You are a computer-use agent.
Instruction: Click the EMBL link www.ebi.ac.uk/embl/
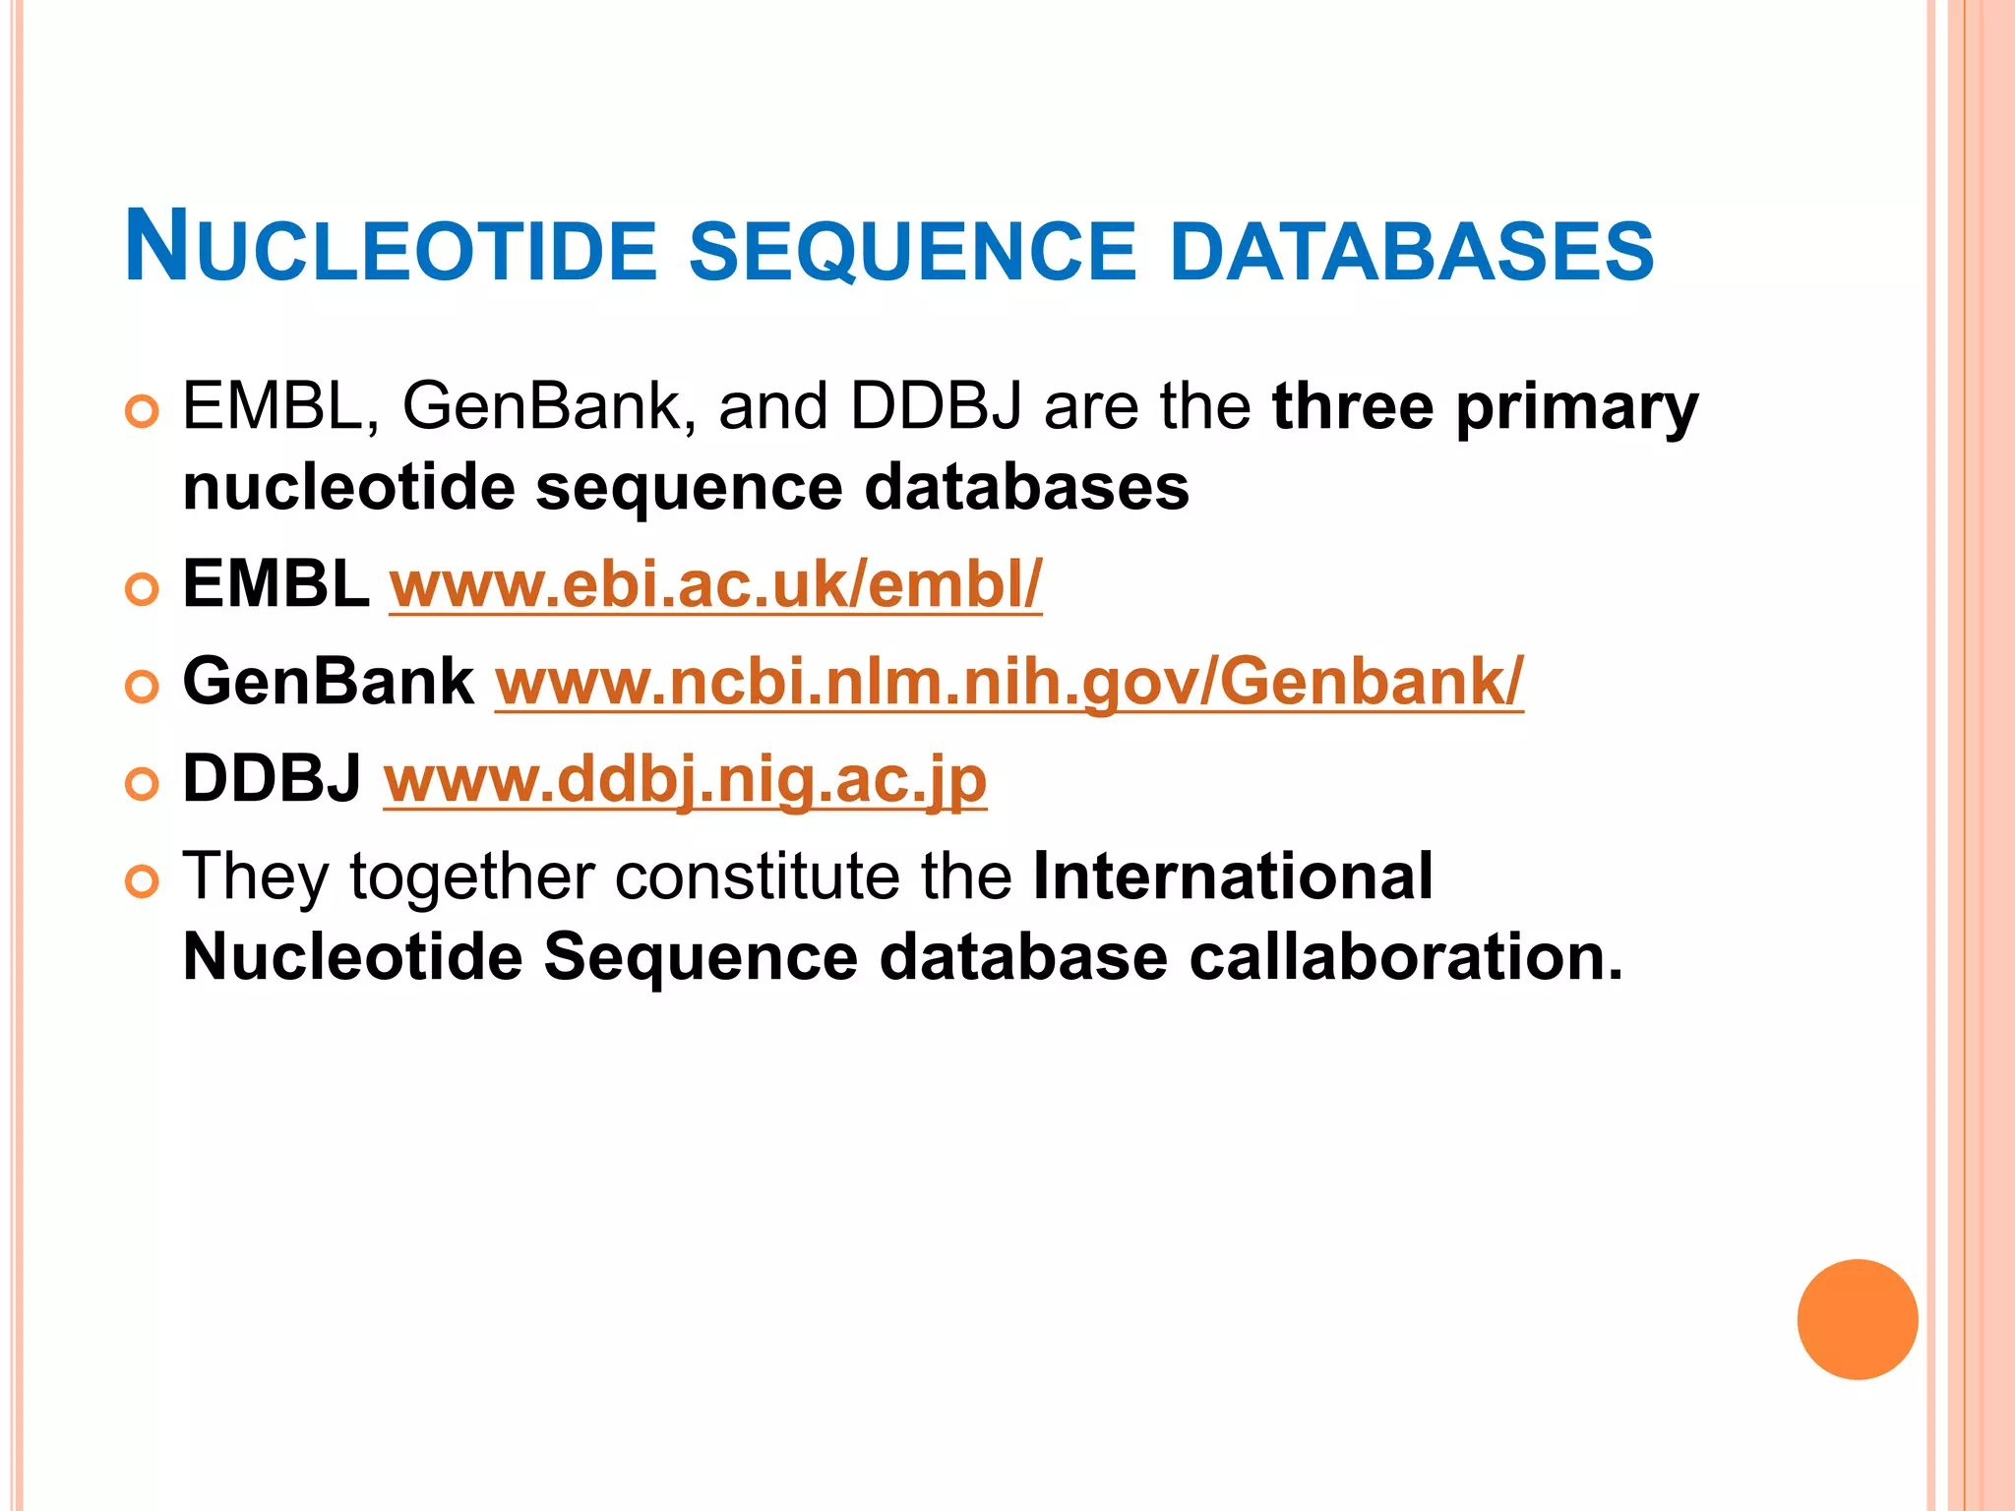click(715, 584)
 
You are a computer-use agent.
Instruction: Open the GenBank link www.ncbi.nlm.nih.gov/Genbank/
click(1008, 682)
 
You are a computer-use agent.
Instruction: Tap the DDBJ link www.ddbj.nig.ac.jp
click(685, 779)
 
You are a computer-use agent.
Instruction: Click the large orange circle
click(1857, 1319)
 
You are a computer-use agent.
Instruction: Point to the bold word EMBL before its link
click(276, 584)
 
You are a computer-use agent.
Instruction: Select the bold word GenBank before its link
click(329, 682)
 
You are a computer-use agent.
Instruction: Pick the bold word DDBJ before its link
click(273, 779)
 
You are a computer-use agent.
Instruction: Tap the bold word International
click(1232, 876)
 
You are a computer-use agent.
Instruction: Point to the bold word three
click(1353, 406)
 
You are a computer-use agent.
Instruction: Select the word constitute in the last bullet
click(757, 876)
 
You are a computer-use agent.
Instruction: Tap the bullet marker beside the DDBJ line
click(143, 784)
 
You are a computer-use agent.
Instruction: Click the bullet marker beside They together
click(143, 881)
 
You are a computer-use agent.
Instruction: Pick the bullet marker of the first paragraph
click(143, 411)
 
